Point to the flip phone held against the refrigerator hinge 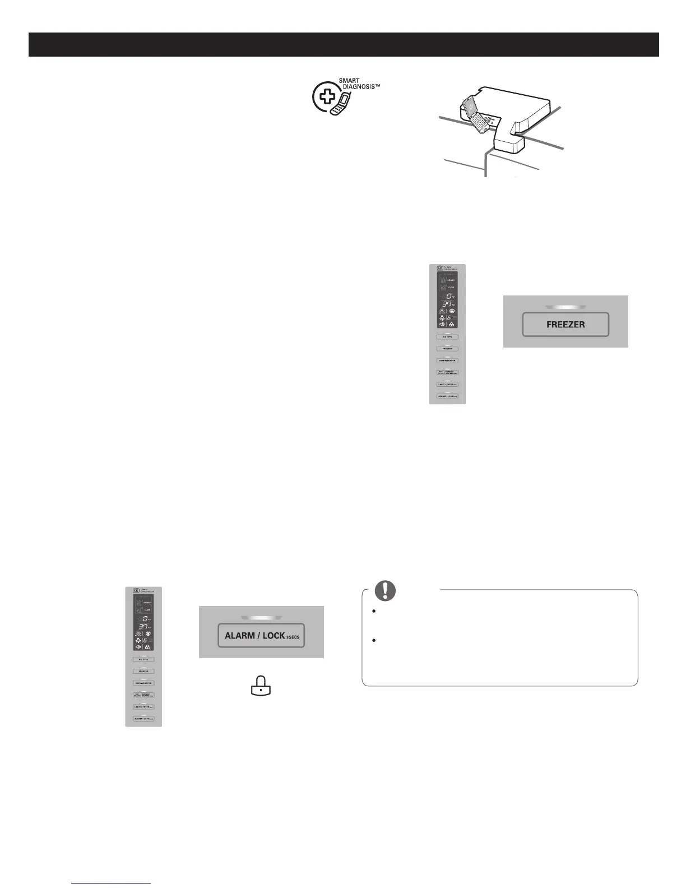(x=474, y=115)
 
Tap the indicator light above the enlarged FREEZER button (x=566, y=307)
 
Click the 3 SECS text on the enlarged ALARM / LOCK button (x=293, y=637)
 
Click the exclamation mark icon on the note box (x=385, y=590)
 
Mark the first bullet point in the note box (x=373, y=610)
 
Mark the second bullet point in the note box (x=373, y=640)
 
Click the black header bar (x=343, y=44)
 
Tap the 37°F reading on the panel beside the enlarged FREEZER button (x=447, y=304)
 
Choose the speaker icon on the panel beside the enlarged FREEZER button (x=442, y=324)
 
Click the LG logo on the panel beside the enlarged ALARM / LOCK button (x=136, y=590)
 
